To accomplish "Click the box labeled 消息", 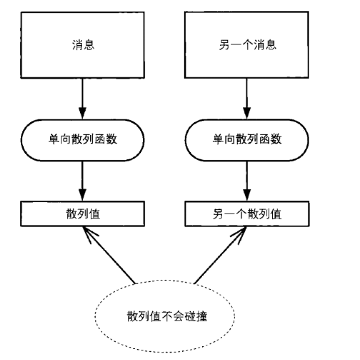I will [x=83, y=45].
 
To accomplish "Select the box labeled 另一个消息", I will [x=247, y=45].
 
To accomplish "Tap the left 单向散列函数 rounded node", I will [x=83, y=140].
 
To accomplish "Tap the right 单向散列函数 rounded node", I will [x=247, y=140].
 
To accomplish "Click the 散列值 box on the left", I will [x=83, y=214].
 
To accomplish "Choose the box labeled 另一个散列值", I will [x=247, y=214].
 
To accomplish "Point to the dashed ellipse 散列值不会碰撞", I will [x=165, y=317].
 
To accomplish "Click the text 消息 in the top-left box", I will [x=83, y=45].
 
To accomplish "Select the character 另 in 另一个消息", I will [x=224, y=45].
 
